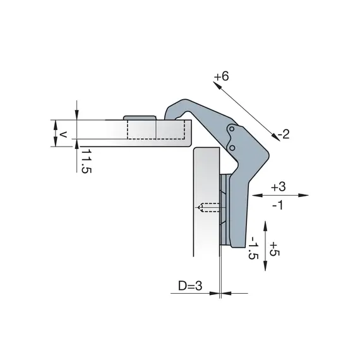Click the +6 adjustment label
click(221, 76)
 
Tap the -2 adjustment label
click(284, 134)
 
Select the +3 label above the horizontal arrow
click(279, 187)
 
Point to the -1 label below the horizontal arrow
click(278, 205)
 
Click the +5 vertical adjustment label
click(275, 249)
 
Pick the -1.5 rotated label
click(254, 248)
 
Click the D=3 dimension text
click(190, 286)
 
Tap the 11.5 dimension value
click(87, 161)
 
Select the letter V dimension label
click(63, 135)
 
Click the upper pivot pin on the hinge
click(232, 129)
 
